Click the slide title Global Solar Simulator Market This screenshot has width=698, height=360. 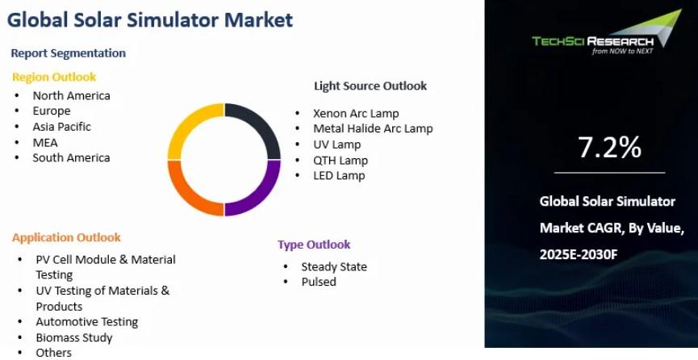(x=150, y=20)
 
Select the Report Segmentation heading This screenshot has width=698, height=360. (x=68, y=53)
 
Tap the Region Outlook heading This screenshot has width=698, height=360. (x=54, y=77)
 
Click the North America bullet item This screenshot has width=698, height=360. (x=71, y=95)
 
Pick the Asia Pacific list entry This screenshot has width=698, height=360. (x=61, y=127)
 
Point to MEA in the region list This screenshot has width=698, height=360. (x=45, y=142)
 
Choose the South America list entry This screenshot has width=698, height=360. (x=71, y=157)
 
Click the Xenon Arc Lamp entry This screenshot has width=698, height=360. (x=356, y=114)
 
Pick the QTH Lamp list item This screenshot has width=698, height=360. (x=341, y=160)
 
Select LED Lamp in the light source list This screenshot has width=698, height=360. (x=339, y=175)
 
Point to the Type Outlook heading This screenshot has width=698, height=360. (x=314, y=245)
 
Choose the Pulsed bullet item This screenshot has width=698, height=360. (x=319, y=282)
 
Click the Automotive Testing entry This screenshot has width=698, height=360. (x=87, y=322)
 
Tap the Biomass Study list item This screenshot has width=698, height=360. (x=74, y=337)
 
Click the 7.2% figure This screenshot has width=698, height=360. (x=609, y=148)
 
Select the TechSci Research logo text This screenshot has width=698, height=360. (x=593, y=42)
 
